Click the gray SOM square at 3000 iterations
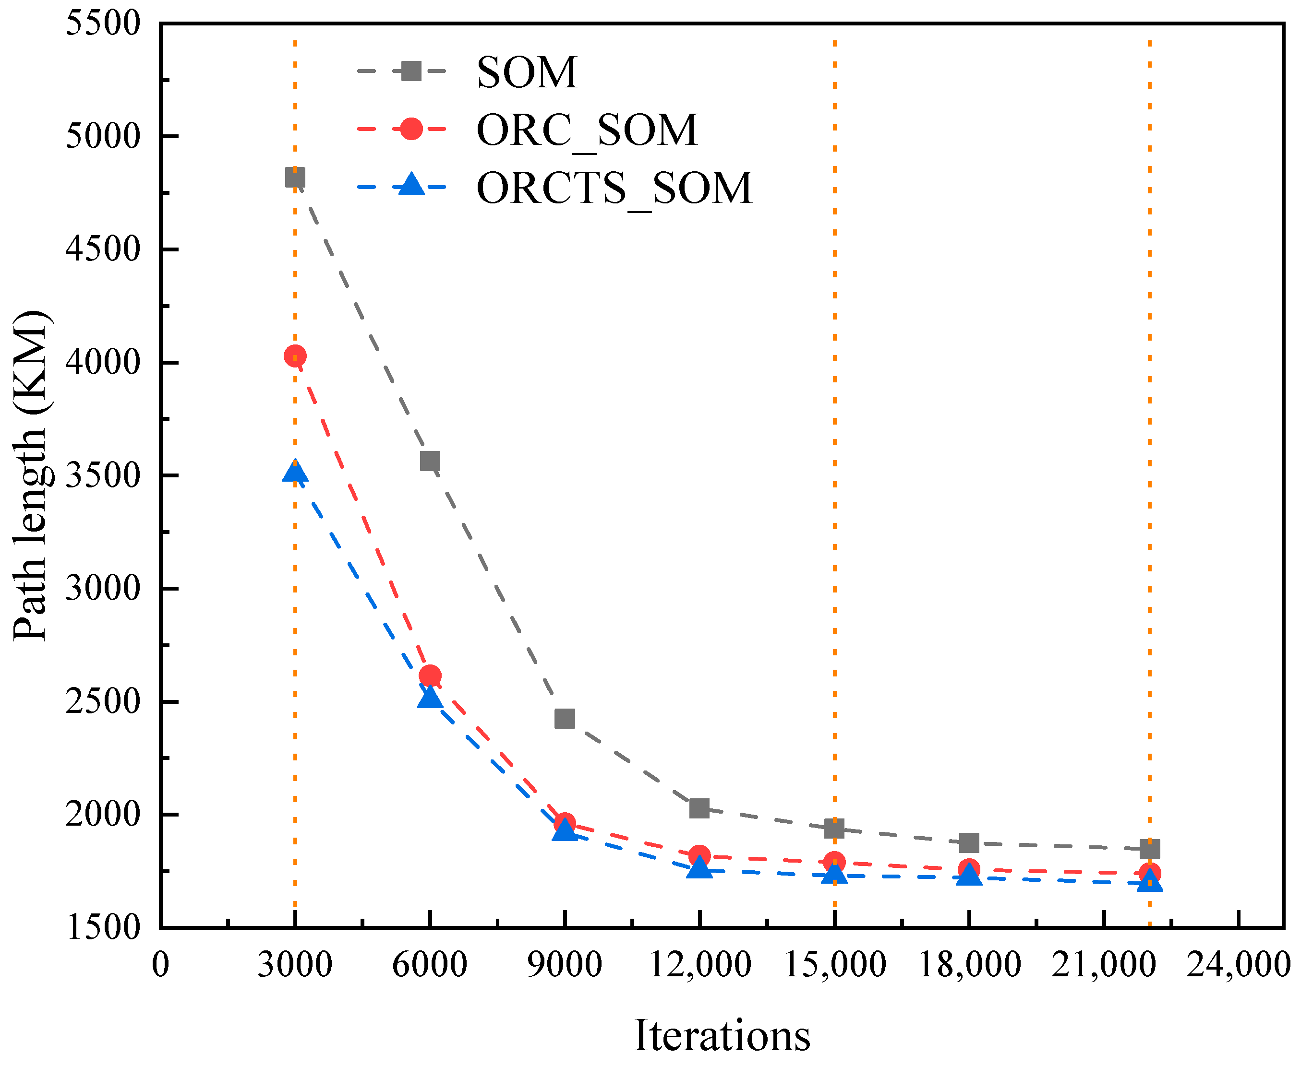click(x=295, y=178)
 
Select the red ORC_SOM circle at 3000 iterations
click(x=295, y=355)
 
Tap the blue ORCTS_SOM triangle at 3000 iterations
click(x=295, y=472)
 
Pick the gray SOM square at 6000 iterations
click(x=430, y=461)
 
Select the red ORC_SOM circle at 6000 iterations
click(x=430, y=675)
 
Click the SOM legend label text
click(x=527, y=72)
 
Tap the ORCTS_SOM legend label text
click(x=614, y=188)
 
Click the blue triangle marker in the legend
click(x=411, y=185)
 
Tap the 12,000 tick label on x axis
click(x=699, y=964)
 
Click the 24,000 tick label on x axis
click(x=1237, y=964)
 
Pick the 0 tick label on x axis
click(x=160, y=964)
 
